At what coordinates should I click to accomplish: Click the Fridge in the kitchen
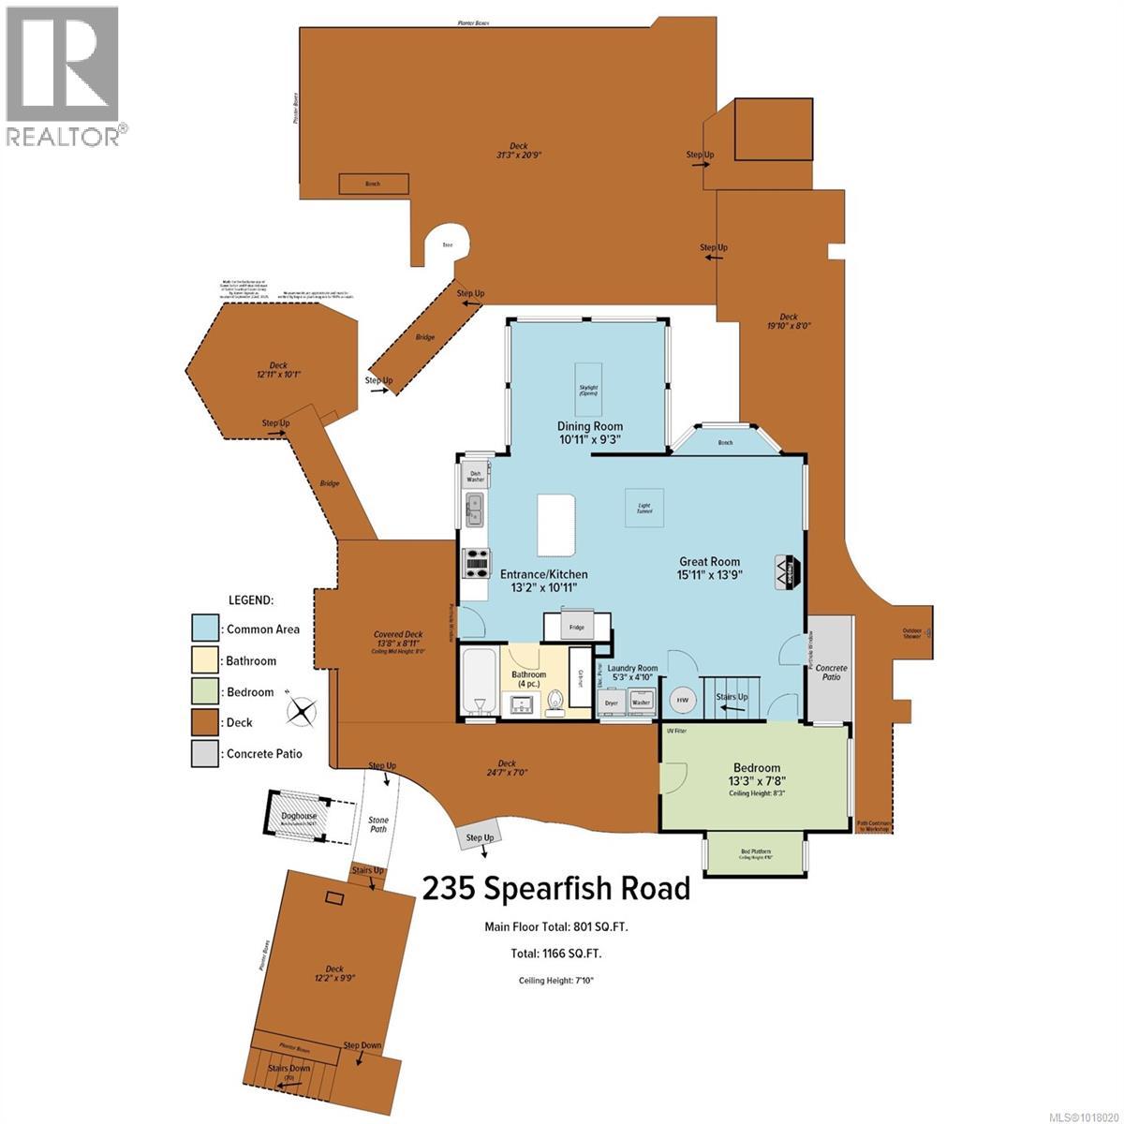tap(576, 627)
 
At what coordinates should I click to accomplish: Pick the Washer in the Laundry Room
tap(642, 700)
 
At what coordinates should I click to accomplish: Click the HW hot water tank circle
tap(683, 700)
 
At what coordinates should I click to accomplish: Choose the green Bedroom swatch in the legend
tap(205, 692)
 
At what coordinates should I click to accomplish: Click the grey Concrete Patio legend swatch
tap(205, 754)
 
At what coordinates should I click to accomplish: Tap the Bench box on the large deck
tap(373, 185)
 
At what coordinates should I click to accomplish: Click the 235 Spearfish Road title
tap(556, 888)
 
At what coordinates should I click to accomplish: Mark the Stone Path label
tap(377, 825)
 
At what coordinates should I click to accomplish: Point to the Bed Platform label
tap(754, 851)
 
